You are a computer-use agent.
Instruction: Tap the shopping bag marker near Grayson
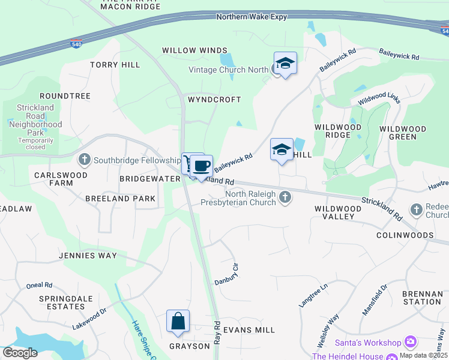tap(178, 321)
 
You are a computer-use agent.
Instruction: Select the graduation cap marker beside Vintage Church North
tap(285, 63)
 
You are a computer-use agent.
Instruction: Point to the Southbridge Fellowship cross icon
tap(85, 160)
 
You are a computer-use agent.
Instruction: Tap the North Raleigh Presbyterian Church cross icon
tap(286, 197)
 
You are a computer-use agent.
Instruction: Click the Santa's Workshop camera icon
tap(411, 343)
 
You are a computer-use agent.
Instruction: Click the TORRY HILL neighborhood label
tap(115, 65)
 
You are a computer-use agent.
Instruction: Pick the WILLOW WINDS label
tap(194, 50)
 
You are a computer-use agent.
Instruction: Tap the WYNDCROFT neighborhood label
tap(214, 100)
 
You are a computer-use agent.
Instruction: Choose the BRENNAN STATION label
tap(423, 298)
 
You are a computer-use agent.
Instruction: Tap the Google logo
tap(20, 353)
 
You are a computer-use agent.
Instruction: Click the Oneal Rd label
tap(40, 286)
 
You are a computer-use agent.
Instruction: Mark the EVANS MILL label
tap(249, 330)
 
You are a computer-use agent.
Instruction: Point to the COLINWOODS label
tap(405, 235)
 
